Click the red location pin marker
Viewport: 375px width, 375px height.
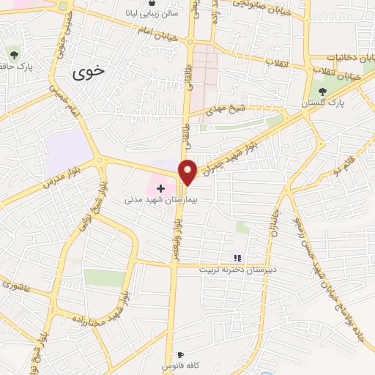pos(188,172)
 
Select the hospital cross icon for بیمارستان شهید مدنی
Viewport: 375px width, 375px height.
pos(160,189)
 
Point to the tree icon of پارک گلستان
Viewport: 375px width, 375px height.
pos(323,91)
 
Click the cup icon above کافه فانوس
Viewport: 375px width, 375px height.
pos(181,354)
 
